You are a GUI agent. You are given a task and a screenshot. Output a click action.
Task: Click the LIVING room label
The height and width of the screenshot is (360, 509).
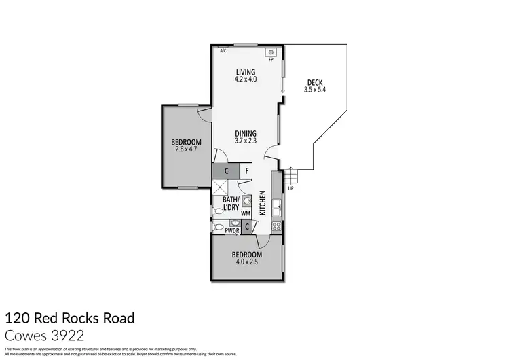tap(245, 72)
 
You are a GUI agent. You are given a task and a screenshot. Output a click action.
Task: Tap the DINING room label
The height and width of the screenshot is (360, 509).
tap(245, 133)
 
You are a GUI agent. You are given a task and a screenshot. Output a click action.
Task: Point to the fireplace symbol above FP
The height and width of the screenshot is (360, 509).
tap(271, 52)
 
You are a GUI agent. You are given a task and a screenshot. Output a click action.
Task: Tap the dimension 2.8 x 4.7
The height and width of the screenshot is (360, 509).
tap(186, 149)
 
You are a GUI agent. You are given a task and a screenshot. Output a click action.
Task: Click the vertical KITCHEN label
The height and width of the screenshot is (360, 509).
tap(263, 202)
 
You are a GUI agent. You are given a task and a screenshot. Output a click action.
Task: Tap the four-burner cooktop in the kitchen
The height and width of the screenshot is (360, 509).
tap(276, 226)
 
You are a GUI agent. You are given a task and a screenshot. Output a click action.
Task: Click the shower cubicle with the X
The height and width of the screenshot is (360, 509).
tap(221, 189)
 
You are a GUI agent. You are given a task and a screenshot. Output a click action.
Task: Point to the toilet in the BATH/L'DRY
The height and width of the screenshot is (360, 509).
tap(217, 211)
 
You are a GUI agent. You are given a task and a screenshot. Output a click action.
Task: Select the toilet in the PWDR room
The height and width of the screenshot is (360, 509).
tap(218, 228)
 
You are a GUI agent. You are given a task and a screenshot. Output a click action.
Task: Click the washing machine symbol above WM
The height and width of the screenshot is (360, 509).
tap(246, 202)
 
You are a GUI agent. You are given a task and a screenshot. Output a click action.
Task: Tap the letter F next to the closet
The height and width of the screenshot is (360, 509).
tap(247, 171)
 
